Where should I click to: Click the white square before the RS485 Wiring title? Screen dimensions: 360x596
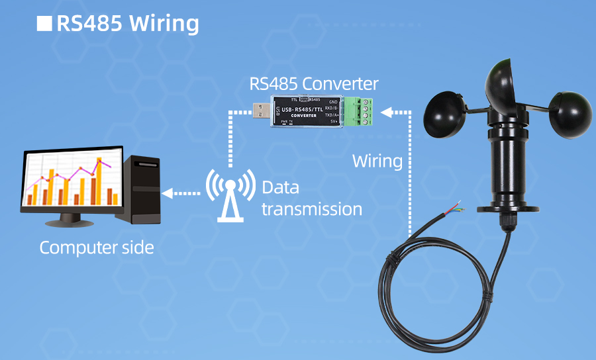[44, 24]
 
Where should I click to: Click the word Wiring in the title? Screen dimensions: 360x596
[164, 23]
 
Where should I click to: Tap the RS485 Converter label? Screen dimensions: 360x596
[314, 84]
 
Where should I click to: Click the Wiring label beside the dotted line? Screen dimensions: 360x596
[377, 161]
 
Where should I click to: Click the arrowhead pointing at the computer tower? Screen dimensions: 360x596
[168, 193]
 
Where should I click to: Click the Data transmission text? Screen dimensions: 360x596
[311, 198]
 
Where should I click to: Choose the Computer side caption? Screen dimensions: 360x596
[97, 248]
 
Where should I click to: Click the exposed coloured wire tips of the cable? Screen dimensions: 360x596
[457, 208]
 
